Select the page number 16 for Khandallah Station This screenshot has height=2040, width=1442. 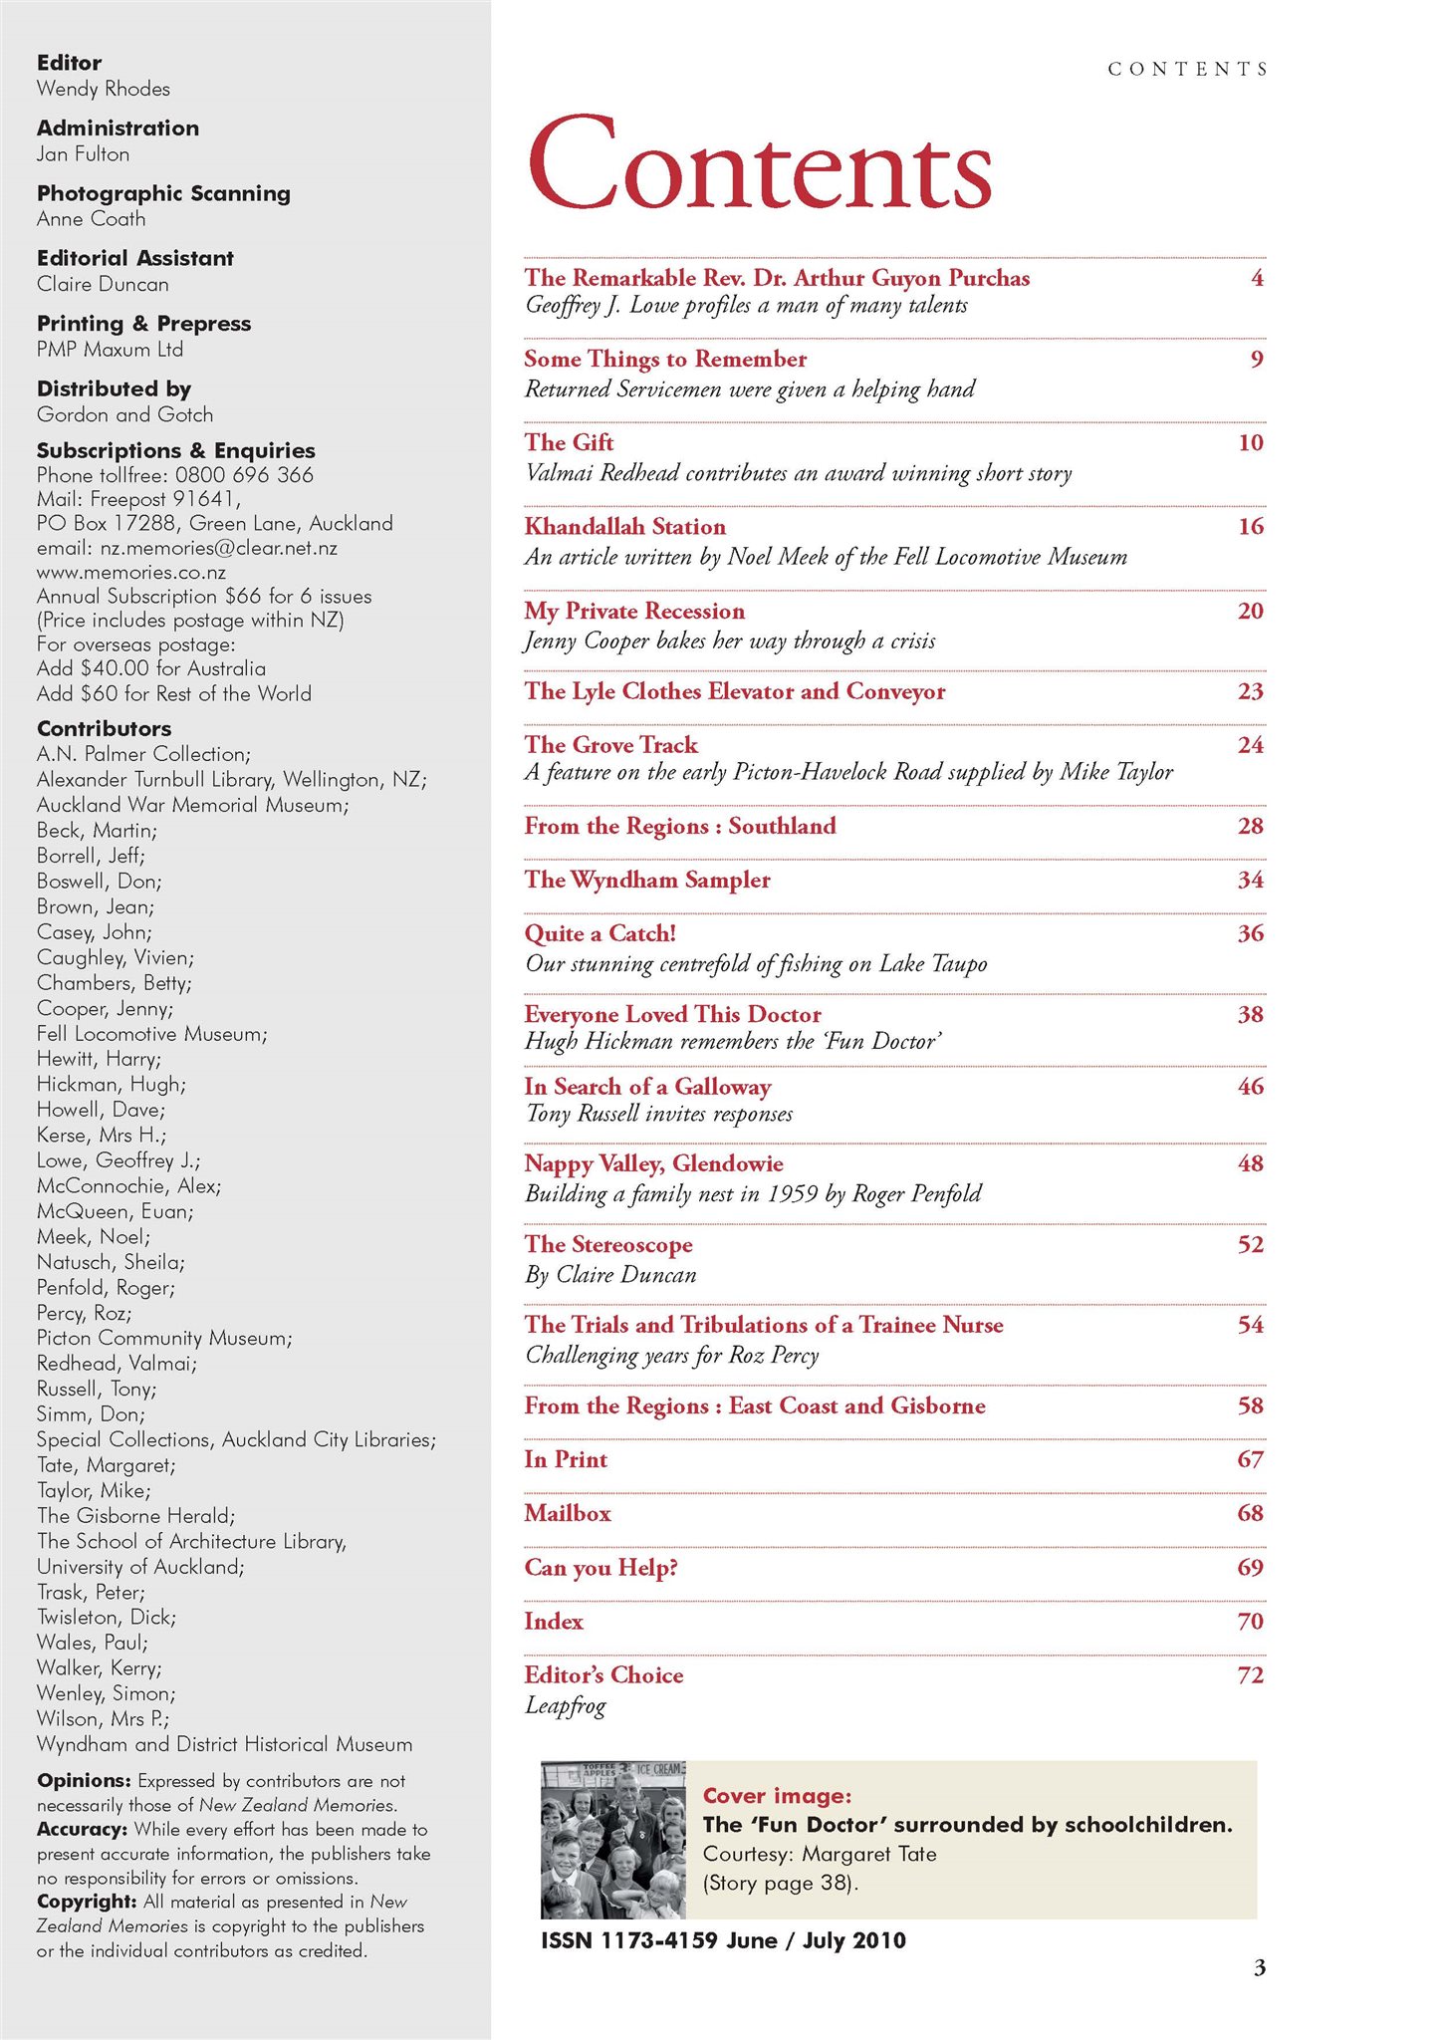pos(1250,526)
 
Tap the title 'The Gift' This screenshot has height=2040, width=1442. pos(569,442)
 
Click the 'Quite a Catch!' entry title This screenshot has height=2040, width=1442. pos(601,933)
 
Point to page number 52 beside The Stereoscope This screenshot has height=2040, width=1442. pos(1250,1244)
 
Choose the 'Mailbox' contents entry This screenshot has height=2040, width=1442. pos(568,1513)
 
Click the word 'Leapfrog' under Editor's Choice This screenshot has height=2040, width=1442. pos(565,1705)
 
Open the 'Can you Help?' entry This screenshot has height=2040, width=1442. pos(601,1567)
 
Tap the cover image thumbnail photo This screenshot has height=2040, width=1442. pos(612,1839)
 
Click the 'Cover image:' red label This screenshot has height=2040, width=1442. pos(777,1796)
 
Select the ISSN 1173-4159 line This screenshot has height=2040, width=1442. pos(723,1939)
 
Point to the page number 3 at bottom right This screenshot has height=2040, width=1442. pos(1259,1967)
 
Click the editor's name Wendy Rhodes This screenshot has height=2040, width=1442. pos(104,89)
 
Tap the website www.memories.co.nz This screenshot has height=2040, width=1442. pos(131,573)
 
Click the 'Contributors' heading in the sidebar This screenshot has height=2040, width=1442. pos(104,728)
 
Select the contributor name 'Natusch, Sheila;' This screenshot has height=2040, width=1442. pos(111,1262)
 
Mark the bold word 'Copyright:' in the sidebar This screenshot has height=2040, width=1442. pos(87,1902)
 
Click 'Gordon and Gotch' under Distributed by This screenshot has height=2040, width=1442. pos(124,414)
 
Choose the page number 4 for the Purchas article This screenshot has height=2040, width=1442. pos(1257,278)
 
